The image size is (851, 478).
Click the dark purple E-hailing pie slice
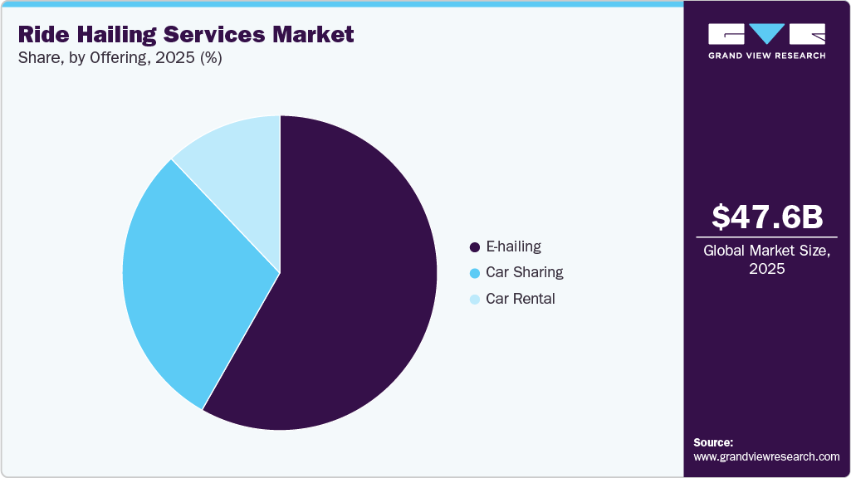click(x=349, y=299)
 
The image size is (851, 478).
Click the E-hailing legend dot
click(x=475, y=247)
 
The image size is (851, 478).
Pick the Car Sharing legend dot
click(x=475, y=273)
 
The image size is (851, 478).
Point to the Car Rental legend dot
click(x=475, y=300)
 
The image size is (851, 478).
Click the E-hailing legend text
click(x=513, y=246)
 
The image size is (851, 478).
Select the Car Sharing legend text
click(x=524, y=272)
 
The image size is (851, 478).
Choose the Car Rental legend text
click(x=520, y=299)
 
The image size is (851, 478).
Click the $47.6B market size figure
click(x=767, y=217)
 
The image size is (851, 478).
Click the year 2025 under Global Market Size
click(x=767, y=269)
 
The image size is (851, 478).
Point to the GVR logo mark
click(x=766, y=34)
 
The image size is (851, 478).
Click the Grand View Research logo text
click(x=766, y=56)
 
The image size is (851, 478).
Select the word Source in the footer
click(x=712, y=442)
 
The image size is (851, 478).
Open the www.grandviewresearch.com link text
click(x=766, y=456)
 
